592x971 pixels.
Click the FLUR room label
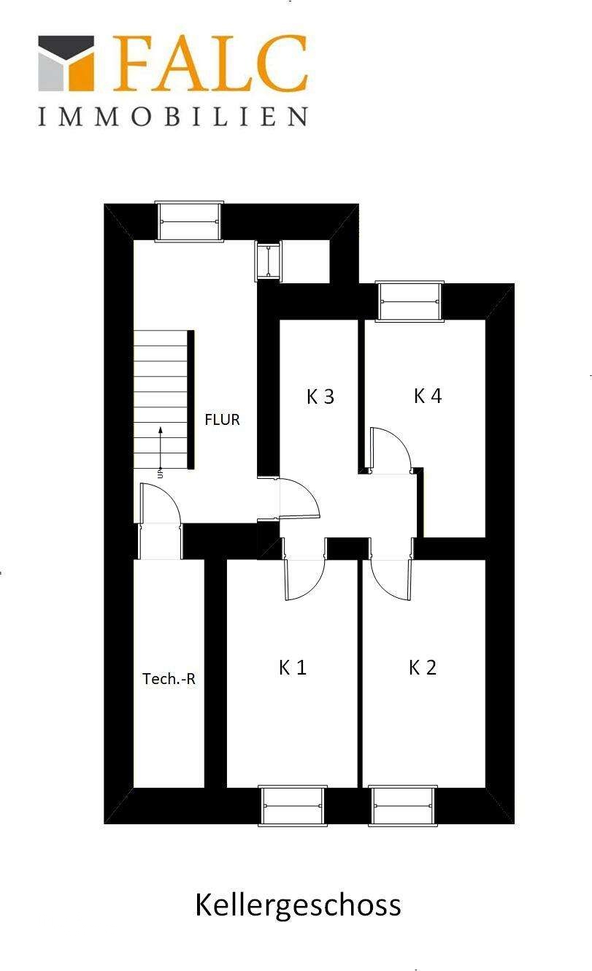222,420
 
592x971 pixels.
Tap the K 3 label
320,396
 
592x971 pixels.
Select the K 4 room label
428,396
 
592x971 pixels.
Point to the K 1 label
292,667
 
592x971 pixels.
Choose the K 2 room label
422,667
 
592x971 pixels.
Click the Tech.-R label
169,679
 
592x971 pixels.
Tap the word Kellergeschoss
298,905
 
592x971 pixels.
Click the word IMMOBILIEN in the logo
173,117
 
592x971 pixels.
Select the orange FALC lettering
210,64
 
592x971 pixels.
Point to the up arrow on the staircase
160,445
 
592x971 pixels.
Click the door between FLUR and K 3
299,499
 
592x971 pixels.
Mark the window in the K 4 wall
410,301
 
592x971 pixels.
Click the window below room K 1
293,806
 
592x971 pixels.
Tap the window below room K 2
403,806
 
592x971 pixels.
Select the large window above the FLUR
190,221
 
